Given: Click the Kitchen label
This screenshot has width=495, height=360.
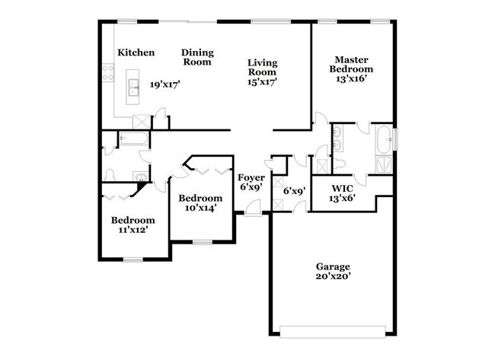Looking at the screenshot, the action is click(136, 53).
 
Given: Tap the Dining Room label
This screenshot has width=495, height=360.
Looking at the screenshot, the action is click(198, 57).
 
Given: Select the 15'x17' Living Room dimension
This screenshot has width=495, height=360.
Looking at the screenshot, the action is click(262, 82).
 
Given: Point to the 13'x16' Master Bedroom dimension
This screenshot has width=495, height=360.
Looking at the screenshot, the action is click(351, 78).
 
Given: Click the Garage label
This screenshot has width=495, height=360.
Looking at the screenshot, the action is click(333, 266).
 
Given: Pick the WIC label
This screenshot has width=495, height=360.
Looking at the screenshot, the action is click(342, 189).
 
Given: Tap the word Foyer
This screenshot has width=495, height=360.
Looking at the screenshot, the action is click(251, 177).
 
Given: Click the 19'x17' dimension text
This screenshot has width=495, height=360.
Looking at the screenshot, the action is click(164, 84).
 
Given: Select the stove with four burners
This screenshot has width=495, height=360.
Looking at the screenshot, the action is click(108, 72).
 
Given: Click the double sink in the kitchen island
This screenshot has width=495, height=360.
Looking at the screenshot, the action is click(134, 87).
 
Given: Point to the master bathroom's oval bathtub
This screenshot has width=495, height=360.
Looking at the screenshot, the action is click(384, 139).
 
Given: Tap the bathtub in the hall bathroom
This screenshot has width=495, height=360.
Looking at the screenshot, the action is click(133, 139).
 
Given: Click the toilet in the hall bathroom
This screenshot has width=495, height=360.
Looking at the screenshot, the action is click(110, 175).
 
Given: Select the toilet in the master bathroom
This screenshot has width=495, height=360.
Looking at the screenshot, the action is click(340, 164).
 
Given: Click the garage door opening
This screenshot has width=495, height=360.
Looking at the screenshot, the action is click(333, 332).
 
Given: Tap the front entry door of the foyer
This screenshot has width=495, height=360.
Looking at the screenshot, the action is click(253, 209).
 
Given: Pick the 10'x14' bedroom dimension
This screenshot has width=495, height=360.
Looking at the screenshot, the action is click(200, 208).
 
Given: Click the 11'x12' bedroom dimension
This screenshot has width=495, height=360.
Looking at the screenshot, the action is click(133, 230).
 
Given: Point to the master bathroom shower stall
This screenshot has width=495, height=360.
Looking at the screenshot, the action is click(384, 164).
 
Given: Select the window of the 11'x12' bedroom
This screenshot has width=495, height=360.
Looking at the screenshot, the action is click(133, 260).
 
